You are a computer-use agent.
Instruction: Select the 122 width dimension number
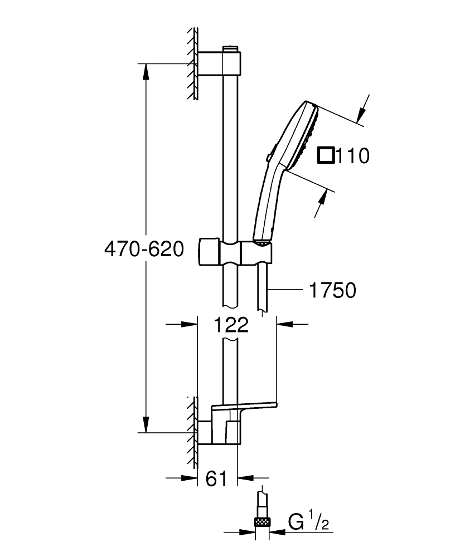230,325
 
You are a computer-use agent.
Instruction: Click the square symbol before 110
326,155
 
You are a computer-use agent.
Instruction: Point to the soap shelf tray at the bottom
245,405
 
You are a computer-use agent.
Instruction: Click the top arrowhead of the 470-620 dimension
146,70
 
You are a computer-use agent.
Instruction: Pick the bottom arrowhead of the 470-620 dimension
146,426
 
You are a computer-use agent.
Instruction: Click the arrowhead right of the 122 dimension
284,324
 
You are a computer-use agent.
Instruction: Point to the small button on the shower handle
270,159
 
